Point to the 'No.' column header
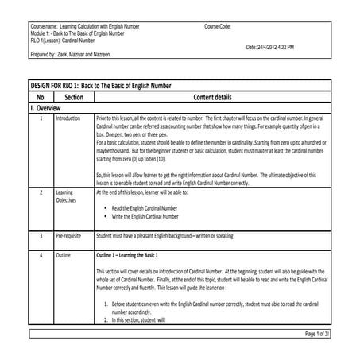pos(41,96)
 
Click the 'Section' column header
pos(73,96)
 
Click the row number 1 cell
pos(41,118)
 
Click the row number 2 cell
pos(41,192)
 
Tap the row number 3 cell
pos(41,236)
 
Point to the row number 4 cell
pos(41,256)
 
